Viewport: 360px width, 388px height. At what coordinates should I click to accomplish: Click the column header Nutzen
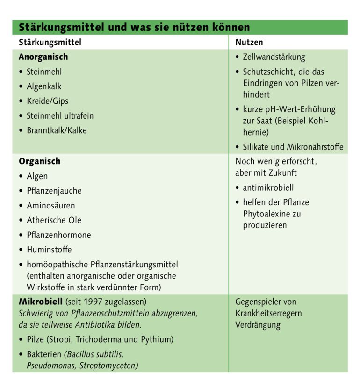[x=249, y=42]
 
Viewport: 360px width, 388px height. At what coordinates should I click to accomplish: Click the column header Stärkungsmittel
[x=50, y=42]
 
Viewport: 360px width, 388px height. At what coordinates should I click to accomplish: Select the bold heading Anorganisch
[x=43, y=57]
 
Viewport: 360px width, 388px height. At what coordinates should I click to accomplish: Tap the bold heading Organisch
[x=39, y=161]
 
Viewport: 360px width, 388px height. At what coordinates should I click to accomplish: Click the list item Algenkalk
[x=44, y=86]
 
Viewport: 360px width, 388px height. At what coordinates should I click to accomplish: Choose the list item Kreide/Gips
[x=47, y=101]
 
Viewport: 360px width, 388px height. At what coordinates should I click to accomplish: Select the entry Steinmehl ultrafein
[x=60, y=115]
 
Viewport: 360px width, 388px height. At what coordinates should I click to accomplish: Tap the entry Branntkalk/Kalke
[x=57, y=130]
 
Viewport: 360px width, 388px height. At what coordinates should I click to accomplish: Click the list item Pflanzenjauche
[x=54, y=191]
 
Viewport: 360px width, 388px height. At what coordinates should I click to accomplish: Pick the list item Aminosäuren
[x=50, y=206]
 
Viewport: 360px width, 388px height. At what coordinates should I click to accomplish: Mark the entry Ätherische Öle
[x=54, y=220]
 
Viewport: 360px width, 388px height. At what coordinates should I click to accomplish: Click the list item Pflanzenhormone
[x=58, y=235]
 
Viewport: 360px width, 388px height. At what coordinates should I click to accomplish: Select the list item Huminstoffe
[x=49, y=250]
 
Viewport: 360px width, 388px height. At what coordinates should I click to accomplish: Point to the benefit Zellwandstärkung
[x=274, y=57]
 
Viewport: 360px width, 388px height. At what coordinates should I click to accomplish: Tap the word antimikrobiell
[x=268, y=188]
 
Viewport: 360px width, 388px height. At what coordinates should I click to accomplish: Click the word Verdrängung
[x=258, y=325]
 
